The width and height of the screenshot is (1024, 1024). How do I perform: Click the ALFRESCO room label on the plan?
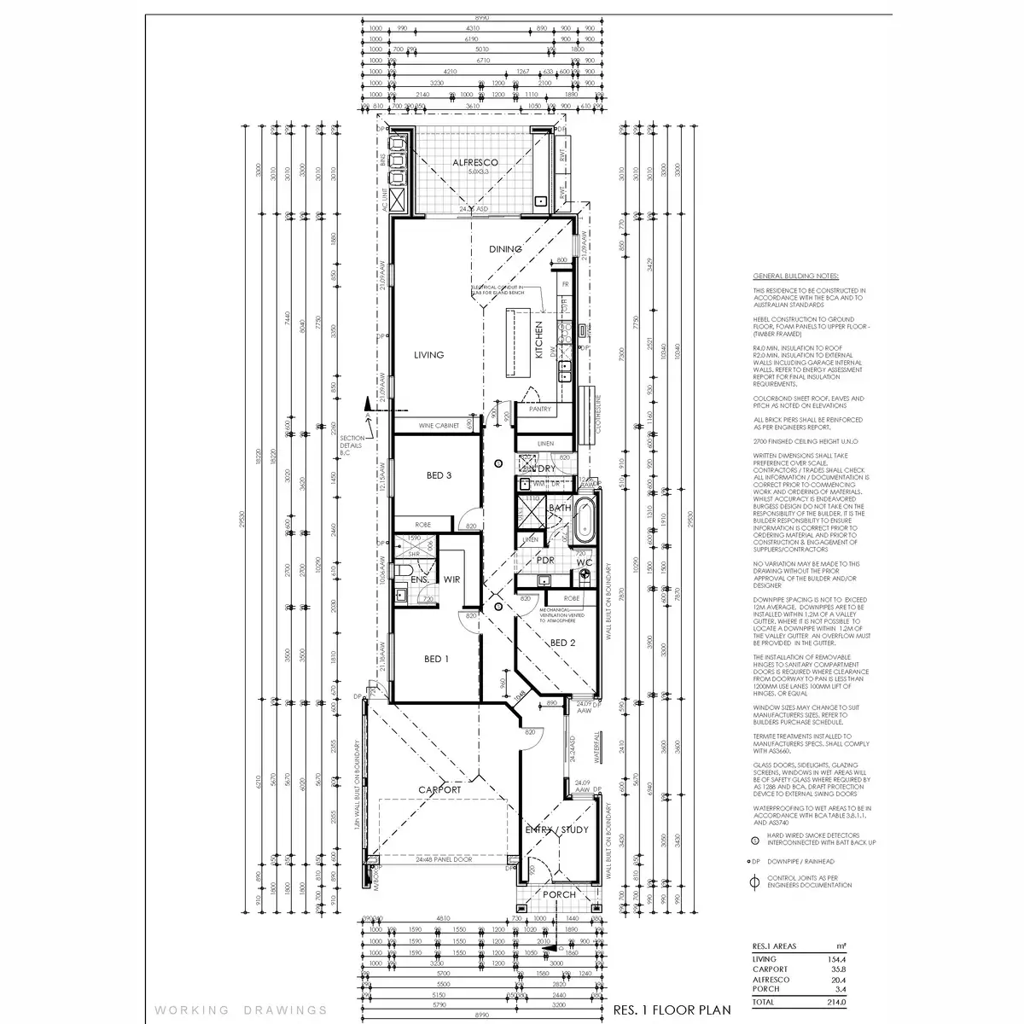pos(475,162)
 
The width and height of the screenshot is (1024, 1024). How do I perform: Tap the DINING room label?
pos(504,249)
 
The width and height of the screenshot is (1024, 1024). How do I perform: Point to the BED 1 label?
pos(434,658)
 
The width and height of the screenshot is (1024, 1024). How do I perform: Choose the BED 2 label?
pos(560,643)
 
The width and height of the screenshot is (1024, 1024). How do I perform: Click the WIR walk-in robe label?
pos(452,579)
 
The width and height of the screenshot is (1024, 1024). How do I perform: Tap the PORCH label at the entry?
pos(560,894)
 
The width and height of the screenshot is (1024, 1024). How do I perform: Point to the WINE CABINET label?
pos(439,425)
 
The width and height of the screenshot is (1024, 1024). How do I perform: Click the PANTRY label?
pos(539,410)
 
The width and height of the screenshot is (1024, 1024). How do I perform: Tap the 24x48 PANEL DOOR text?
pos(444,860)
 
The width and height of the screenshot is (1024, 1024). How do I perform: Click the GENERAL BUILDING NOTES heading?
pos(795,277)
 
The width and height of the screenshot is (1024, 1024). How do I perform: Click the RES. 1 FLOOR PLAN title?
pos(672,1009)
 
